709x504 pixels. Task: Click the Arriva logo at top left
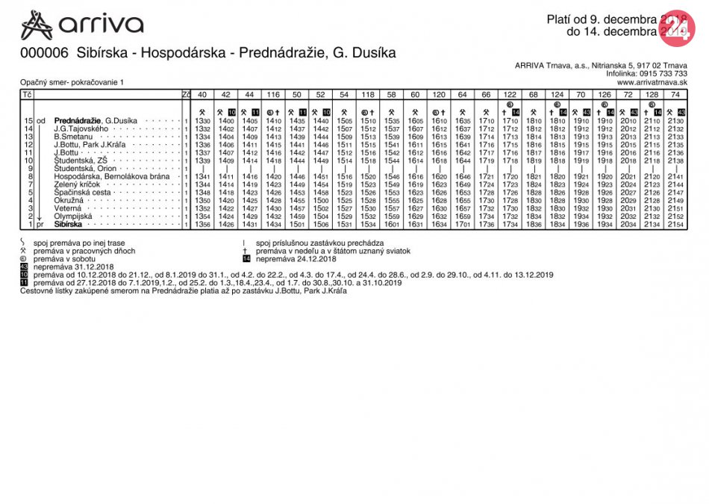tap(82, 25)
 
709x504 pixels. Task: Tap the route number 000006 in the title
tap(44, 53)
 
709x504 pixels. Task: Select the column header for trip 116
tap(273, 95)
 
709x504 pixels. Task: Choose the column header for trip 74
tap(675, 95)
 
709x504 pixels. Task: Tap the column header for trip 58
tap(392, 95)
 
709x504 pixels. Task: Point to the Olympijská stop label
tap(73, 217)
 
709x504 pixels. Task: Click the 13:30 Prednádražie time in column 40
tap(202, 121)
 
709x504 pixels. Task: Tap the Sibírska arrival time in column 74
tap(675, 224)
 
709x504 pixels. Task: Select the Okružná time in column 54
tap(344, 200)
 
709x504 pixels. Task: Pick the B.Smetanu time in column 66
tap(487, 137)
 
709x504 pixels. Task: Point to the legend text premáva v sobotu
tap(67, 258)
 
